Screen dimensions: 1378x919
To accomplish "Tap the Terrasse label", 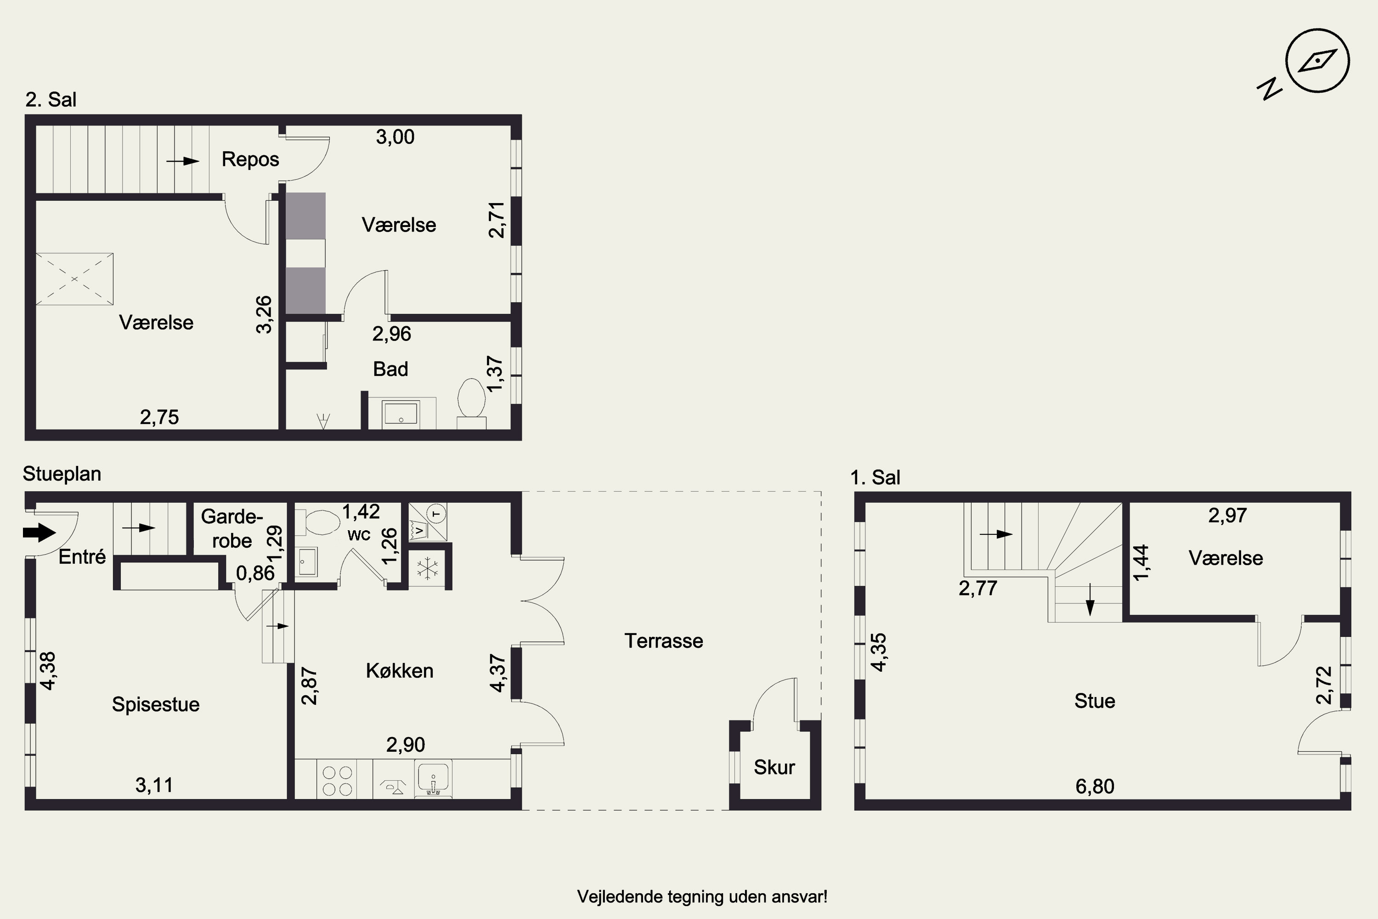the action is click(663, 641).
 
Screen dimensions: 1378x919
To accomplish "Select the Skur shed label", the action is click(774, 767).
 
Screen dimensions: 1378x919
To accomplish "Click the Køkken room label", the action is click(400, 670).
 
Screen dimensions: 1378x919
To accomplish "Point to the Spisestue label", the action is click(155, 704).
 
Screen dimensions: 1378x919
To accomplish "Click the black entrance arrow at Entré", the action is click(39, 533).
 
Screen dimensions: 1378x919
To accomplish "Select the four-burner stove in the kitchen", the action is click(338, 781).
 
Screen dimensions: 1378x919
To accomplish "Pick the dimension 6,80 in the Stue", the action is click(1095, 786).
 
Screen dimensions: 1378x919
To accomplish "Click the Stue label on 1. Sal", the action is click(1095, 701).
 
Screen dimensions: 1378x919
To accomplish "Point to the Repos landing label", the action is click(250, 159).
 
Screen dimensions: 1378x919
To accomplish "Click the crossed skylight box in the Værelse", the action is click(74, 279).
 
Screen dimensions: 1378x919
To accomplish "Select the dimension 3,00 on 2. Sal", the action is click(395, 137).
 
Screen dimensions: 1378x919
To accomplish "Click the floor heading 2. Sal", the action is click(51, 100).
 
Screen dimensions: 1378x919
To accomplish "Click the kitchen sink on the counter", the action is click(433, 779).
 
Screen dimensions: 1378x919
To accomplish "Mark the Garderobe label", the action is click(232, 529).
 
